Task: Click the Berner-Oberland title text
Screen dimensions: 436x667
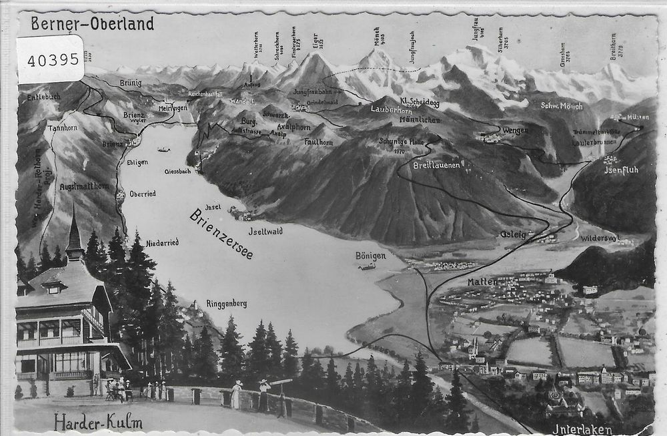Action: (92, 25)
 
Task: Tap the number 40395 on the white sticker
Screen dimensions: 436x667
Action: (54, 59)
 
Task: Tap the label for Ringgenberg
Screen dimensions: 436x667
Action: (227, 303)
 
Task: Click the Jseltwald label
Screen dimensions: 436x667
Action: (265, 230)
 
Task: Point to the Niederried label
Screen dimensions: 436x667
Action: (162, 242)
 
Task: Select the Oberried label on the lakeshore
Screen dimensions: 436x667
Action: (142, 194)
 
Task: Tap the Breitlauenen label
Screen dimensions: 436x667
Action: (437, 165)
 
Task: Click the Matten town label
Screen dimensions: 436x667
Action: (482, 282)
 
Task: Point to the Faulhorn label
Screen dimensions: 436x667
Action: (318, 142)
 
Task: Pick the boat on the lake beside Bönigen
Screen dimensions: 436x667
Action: (366, 268)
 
